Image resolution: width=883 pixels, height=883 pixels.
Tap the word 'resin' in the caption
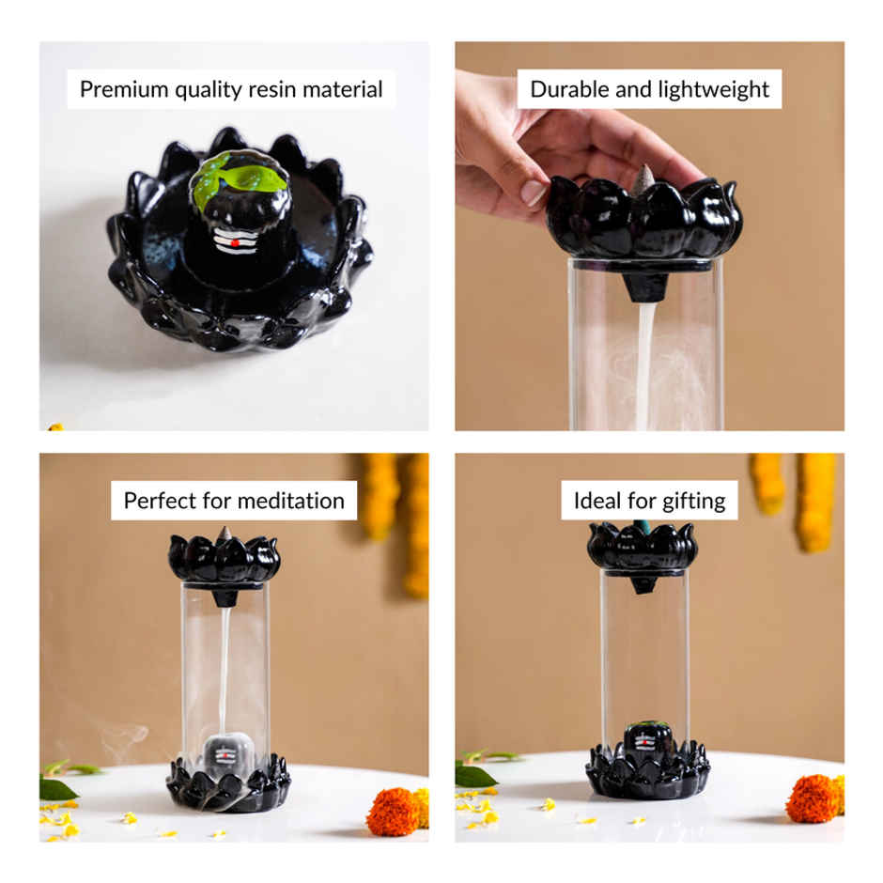pos(276,89)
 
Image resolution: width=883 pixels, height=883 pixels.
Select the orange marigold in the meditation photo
pos(392,811)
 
